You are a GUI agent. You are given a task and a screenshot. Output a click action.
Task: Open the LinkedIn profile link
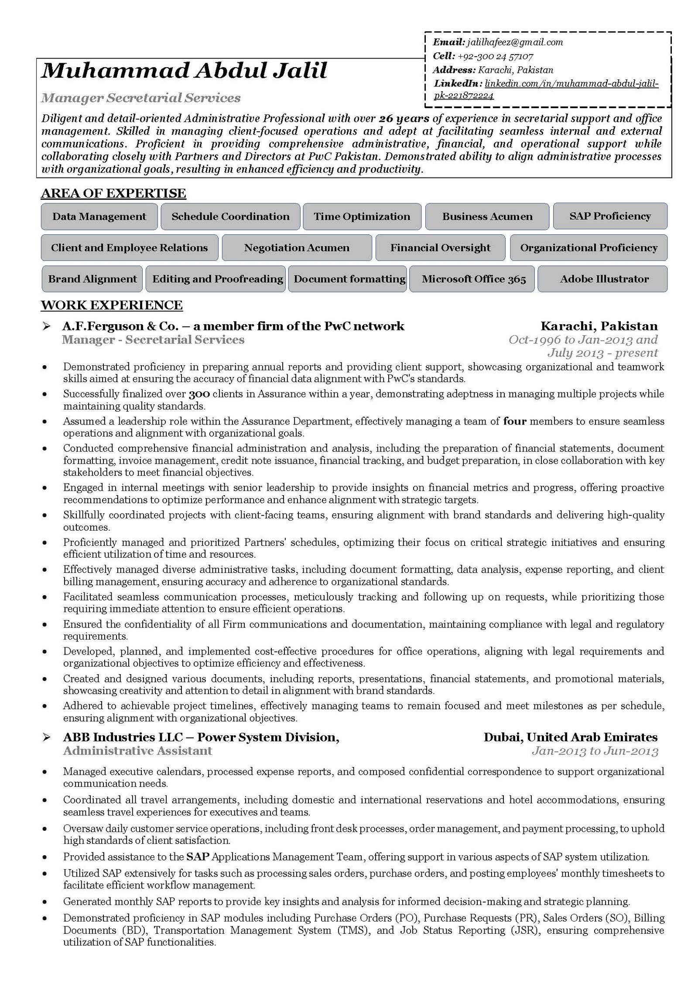(x=546, y=89)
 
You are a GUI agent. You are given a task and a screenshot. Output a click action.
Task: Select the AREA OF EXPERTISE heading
(x=113, y=193)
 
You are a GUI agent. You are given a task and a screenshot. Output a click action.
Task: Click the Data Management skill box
(x=99, y=216)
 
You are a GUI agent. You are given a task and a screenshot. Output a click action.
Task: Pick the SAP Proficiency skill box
(x=610, y=216)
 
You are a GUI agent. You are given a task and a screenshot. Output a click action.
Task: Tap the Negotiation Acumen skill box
(x=297, y=248)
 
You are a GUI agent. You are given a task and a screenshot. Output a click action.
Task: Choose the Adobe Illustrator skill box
(x=604, y=279)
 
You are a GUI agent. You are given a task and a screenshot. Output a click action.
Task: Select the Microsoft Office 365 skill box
(x=474, y=279)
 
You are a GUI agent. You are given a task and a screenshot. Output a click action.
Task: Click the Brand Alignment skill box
(x=92, y=279)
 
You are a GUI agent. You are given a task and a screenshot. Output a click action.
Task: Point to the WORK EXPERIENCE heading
(x=112, y=305)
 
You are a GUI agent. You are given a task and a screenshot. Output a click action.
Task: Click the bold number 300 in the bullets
(x=199, y=394)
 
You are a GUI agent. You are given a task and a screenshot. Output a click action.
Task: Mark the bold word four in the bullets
(x=515, y=422)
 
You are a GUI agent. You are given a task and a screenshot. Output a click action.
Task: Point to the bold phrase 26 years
(x=404, y=119)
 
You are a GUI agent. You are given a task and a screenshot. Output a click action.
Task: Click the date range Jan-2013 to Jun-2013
(x=595, y=751)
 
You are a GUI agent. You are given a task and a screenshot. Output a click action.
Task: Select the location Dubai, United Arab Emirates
(x=570, y=737)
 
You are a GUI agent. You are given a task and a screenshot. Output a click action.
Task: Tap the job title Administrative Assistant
(x=137, y=751)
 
